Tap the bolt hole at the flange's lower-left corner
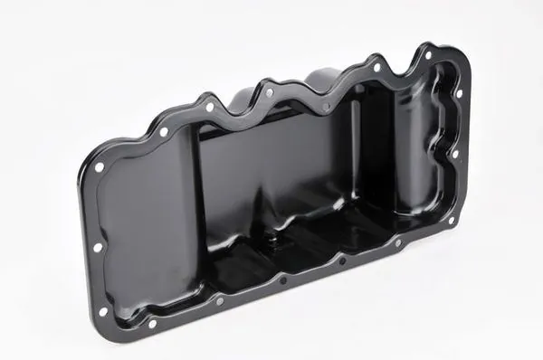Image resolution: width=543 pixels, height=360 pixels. [102, 310]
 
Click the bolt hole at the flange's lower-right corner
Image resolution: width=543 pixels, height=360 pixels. [450, 220]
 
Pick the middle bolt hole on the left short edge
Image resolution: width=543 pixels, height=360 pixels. [97, 246]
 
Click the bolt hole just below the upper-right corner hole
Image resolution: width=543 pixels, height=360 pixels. [459, 92]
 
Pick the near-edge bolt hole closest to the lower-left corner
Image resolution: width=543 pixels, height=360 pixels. [151, 323]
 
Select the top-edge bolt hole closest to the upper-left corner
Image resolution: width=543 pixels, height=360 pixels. [164, 132]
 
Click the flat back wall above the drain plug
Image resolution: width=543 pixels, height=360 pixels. [271, 163]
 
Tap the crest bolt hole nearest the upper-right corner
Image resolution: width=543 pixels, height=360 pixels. [377, 66]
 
